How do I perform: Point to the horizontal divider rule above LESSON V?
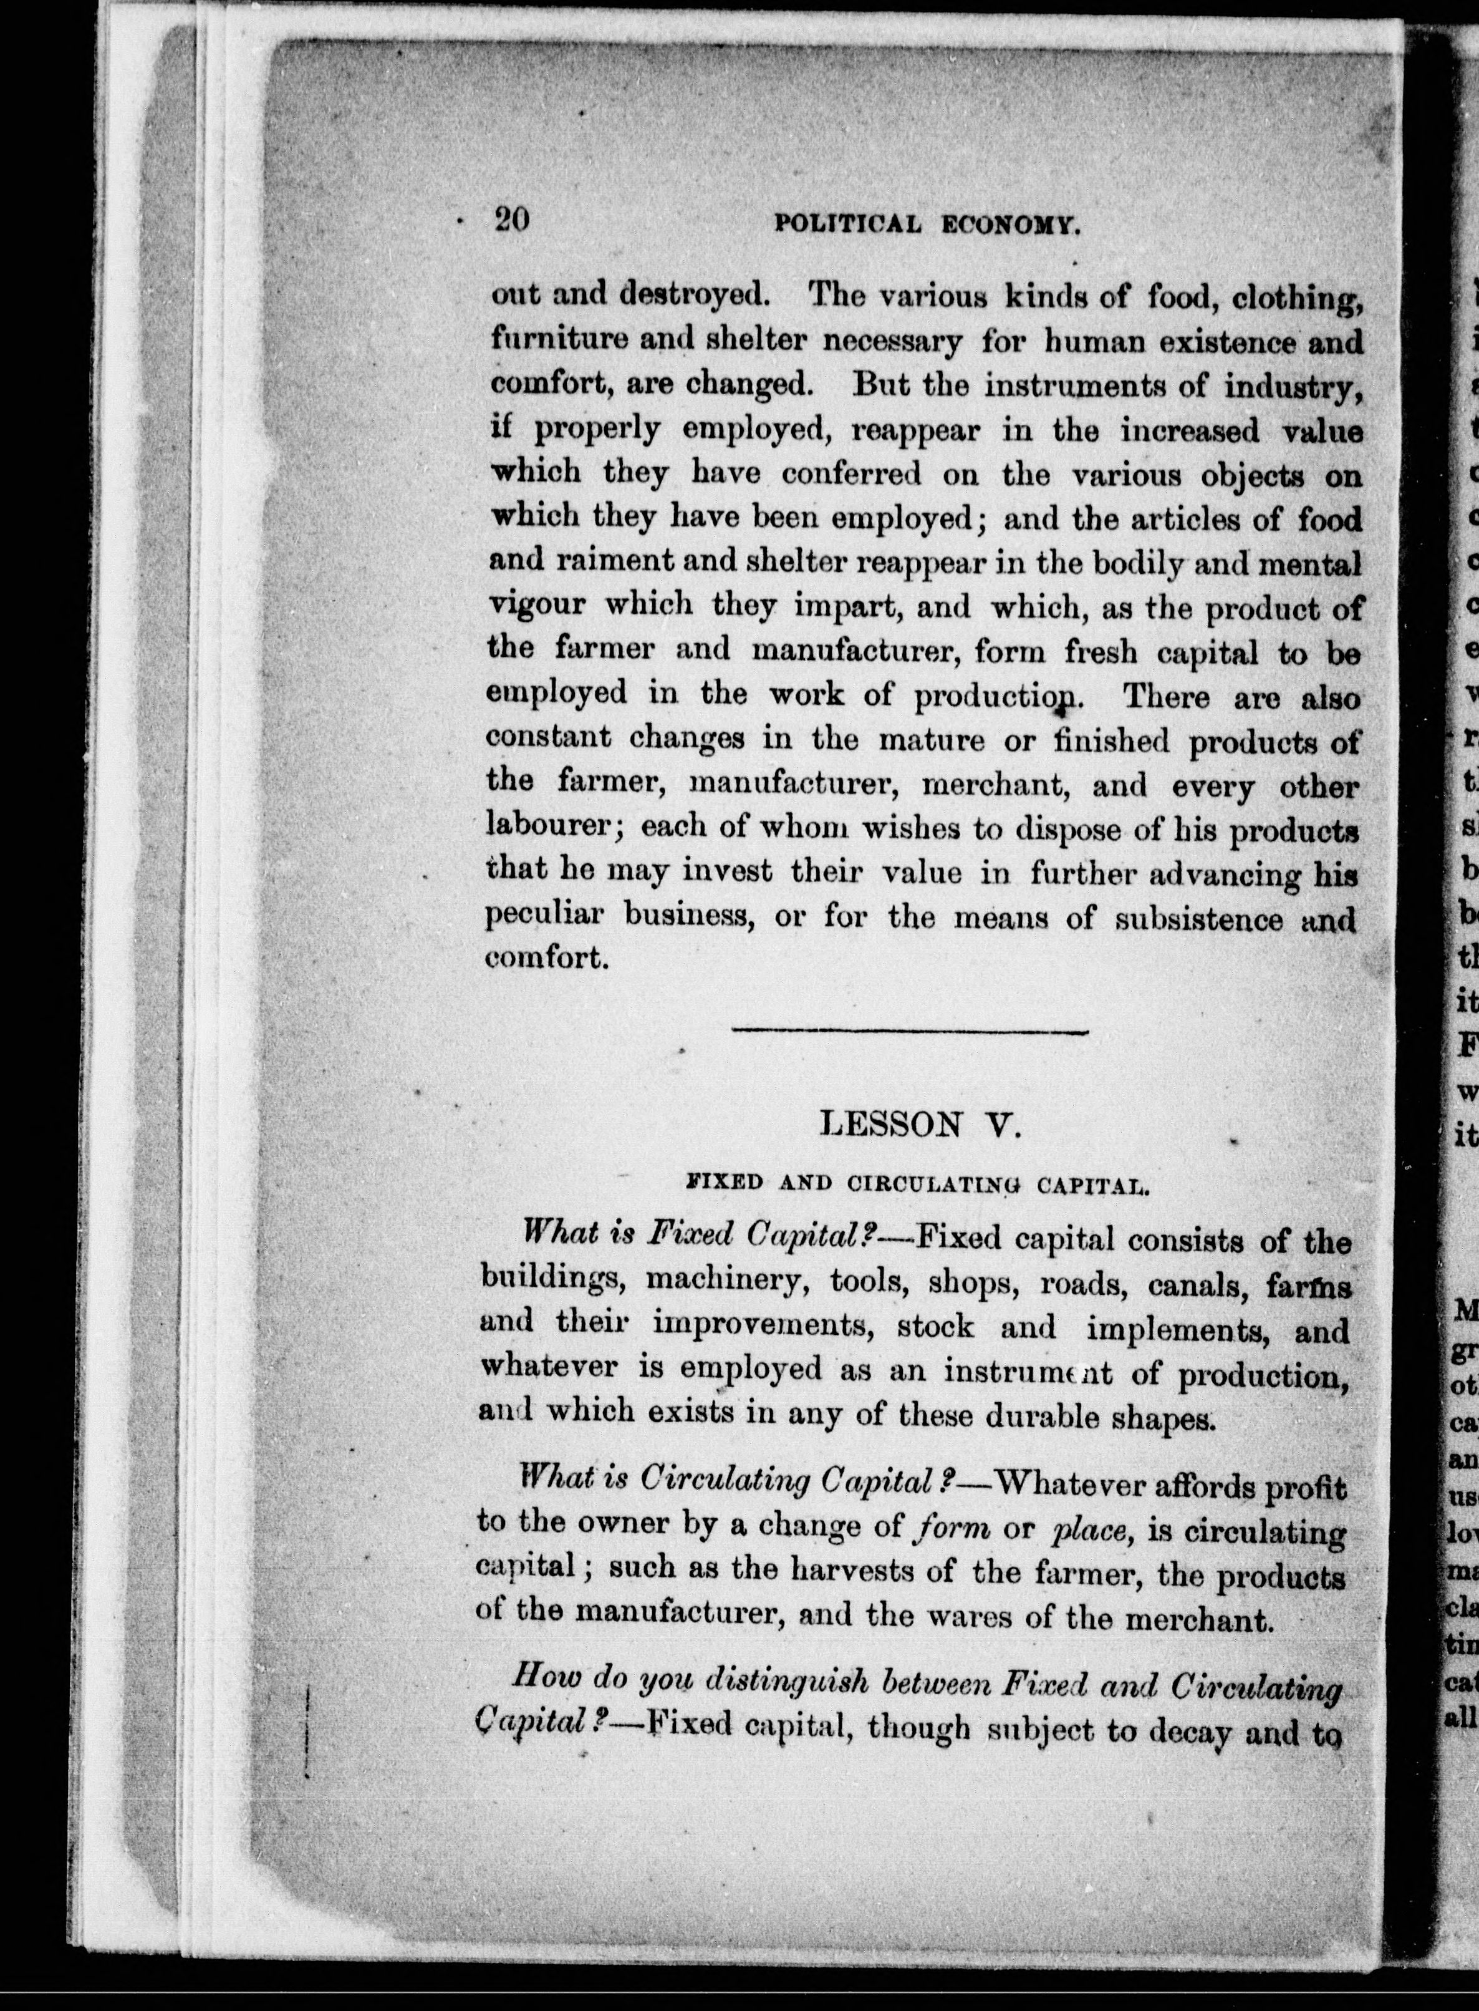[910, 1032]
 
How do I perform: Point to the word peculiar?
[542, 914]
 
